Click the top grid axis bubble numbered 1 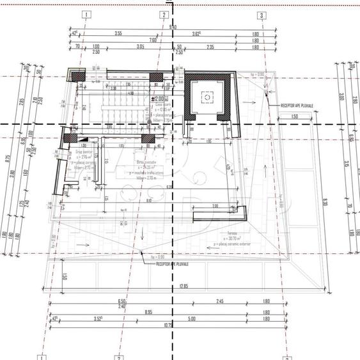pos(86,15)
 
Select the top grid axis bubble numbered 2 pos(164,15)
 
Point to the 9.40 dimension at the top pos(173,26)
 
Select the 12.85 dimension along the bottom pos(185,286)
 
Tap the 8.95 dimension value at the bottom pos(166,311)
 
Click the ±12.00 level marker pos(157,99)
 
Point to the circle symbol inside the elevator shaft pos(207,97)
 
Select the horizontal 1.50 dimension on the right pos(293,116)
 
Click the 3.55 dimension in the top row pos(118,33)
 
